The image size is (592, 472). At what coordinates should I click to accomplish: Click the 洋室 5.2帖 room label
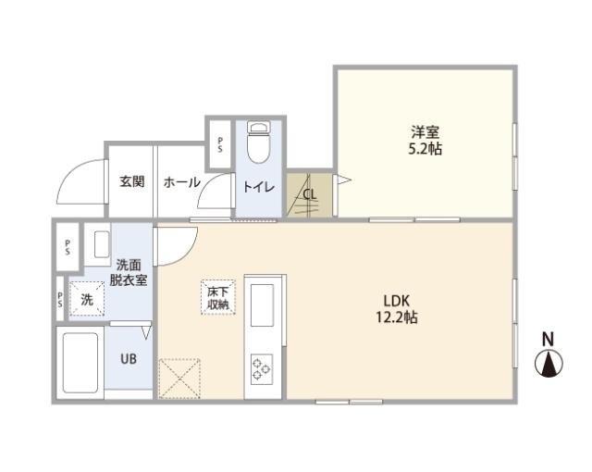coord(426,140)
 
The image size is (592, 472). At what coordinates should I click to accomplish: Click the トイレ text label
coord(258,187)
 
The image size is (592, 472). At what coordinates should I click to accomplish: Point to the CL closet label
coord(310,194)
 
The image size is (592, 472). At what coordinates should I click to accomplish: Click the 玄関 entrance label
coord(131,182)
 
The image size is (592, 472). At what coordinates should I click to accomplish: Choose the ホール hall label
coord(181,182)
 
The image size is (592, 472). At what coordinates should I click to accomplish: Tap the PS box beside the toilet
coord(219,143)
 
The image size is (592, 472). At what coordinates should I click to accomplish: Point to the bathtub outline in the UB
coord(79,362)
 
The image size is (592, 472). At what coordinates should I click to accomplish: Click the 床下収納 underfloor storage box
coord(219,297)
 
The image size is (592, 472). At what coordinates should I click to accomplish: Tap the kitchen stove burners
coord(262,369)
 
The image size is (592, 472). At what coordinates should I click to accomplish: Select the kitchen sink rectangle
coord(263,304)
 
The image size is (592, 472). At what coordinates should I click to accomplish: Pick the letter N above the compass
coord(548,338)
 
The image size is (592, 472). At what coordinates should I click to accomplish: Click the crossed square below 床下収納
coord(179,379)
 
